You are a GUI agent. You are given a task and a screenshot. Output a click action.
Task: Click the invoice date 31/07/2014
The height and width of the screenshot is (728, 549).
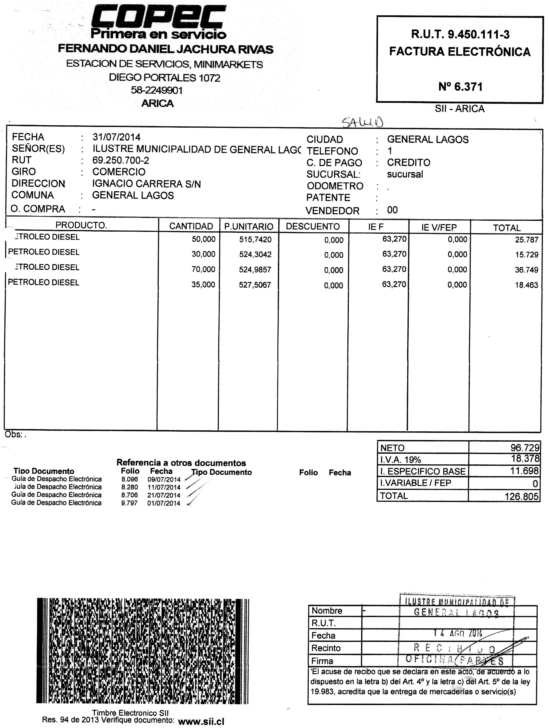(x=116, y=137)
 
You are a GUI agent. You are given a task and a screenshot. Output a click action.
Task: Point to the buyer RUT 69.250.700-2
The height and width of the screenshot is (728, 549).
(x=121, y=161)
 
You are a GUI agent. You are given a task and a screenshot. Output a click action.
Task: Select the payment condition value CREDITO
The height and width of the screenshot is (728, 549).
(x=408, y=163)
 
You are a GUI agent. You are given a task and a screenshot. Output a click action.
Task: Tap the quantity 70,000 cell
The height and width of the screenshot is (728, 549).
(x=203, y=269)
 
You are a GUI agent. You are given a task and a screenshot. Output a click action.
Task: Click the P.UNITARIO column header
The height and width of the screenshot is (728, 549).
(x=249, y=226)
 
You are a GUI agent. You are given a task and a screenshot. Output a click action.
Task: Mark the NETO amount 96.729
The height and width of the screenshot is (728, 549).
(x=525, y=448)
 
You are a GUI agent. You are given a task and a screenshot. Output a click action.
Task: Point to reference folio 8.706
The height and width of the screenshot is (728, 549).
(x=129, y=495)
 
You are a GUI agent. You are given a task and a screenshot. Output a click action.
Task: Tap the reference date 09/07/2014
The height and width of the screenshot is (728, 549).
(x=164, y=479)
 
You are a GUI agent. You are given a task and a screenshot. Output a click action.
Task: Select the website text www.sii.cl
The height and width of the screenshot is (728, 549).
(x=201, y=722)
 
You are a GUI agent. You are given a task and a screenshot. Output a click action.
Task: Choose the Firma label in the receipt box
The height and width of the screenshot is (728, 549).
(x=322, y=661)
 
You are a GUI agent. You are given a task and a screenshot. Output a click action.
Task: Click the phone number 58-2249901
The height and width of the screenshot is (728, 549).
(x=157, y=90)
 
